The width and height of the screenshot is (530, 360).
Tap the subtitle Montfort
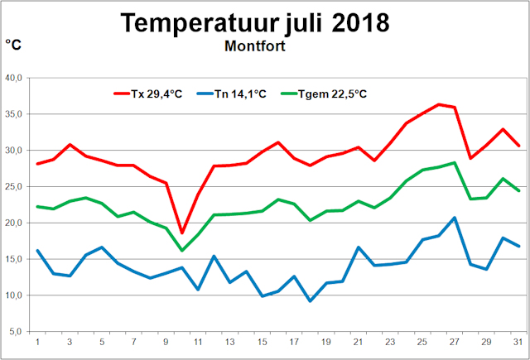(x=254, y=46)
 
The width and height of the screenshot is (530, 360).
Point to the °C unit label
(x=14, y=46)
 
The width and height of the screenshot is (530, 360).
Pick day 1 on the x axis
(x=37, y=342)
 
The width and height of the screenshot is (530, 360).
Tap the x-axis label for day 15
(x=262, y=342)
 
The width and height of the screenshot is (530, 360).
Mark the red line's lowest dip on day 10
(x=182, y=233)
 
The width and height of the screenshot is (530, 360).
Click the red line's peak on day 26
(x=439, y=105)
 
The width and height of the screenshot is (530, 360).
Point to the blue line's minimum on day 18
(x=311, y=300)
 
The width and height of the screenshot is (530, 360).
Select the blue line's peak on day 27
(x=455, y=218)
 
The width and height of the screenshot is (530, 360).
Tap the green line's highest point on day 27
(x=455, y=163)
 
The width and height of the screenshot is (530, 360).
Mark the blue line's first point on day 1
(x=37, y=250)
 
